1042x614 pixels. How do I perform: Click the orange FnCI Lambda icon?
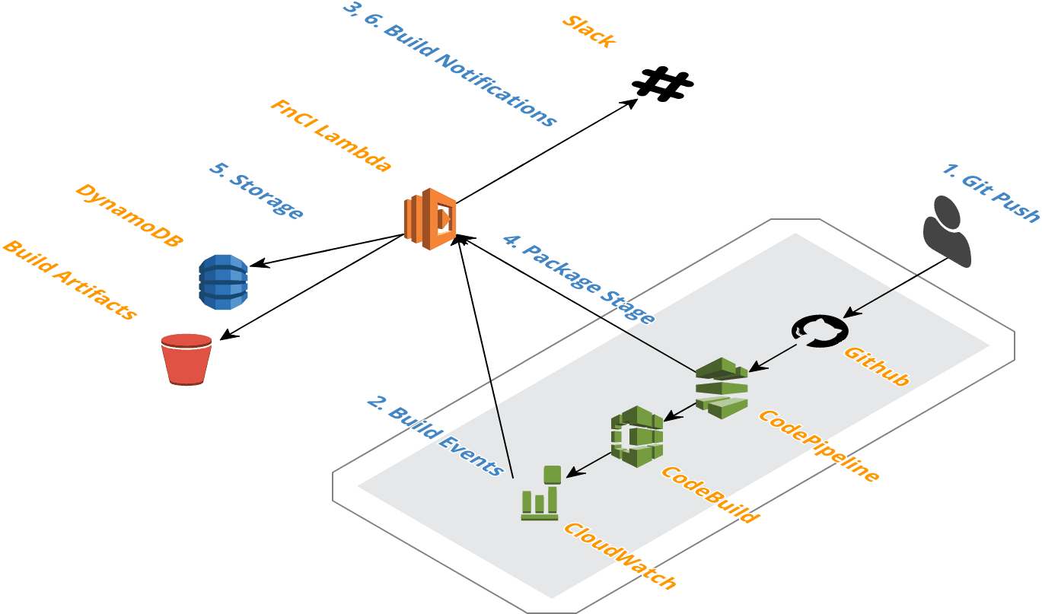429,218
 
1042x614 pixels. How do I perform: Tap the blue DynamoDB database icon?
223,282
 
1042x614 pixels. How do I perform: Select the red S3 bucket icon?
186,358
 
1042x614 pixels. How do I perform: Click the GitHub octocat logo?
820,331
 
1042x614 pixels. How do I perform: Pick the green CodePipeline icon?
722,387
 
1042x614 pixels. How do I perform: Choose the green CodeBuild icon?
637,436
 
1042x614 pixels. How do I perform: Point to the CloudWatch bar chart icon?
541,494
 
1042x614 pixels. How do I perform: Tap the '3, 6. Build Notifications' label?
450,64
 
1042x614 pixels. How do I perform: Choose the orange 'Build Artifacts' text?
69,279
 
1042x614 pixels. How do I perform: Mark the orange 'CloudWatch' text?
620,556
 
